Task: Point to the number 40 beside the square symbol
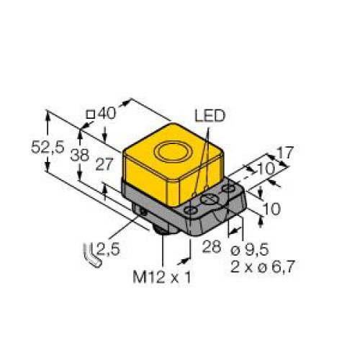(107, 113)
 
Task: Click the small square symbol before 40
(90, 114)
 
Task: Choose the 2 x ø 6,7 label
(262, 266)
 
